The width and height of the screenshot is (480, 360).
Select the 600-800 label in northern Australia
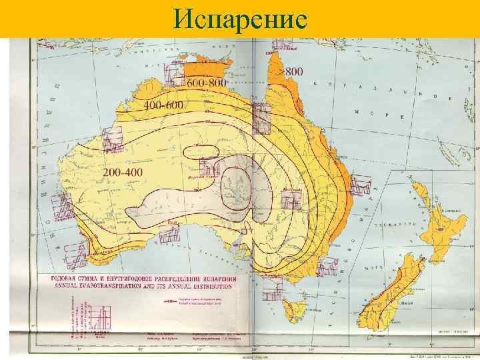(x=207, y=83)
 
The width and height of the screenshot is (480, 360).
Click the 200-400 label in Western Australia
(x=124, y=172)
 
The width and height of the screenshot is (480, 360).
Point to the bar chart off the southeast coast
(x=327, y=267)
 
